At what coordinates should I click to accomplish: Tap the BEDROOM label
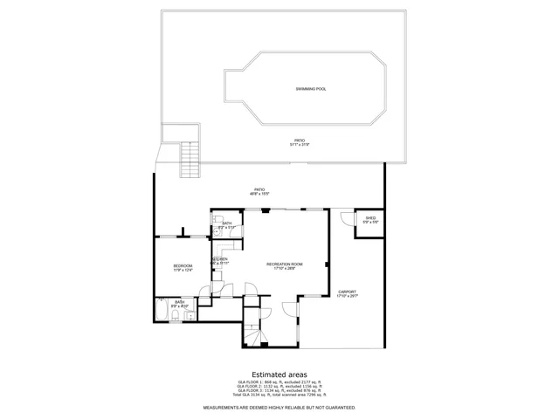[183, 265]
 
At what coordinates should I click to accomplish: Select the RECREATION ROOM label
[285, 264]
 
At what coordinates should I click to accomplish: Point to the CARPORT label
[348, 292]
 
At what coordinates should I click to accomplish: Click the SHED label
[370, 217]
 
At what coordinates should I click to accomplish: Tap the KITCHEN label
[219, 258]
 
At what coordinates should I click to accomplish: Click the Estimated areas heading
[279, 374]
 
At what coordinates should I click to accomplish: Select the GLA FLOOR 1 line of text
[279, 381]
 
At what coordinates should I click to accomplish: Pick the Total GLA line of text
[279, 395]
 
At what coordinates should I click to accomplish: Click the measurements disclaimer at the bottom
[279, 408]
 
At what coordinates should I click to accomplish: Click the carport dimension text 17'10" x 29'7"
[348, 297]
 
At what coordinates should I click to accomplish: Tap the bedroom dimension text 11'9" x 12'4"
[183, 270]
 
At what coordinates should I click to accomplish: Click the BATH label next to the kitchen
[227, 223]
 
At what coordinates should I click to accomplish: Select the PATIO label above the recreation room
[259, 189]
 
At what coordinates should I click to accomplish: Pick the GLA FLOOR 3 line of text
[279, 390]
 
